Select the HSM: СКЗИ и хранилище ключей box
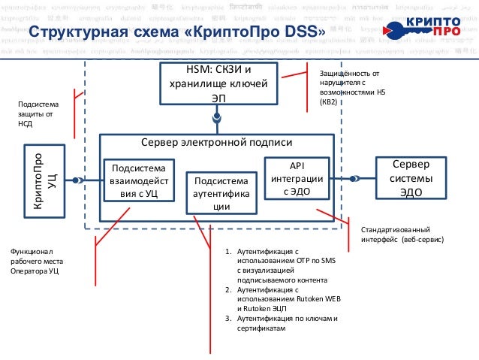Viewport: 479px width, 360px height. [218, 84]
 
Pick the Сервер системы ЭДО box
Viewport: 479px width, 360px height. [410, 179]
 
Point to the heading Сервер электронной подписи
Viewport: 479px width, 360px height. [217, 143]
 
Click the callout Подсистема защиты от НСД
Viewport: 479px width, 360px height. [35, 113]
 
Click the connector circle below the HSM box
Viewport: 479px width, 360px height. [217, 119]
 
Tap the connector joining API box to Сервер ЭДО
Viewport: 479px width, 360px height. [353, 179]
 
